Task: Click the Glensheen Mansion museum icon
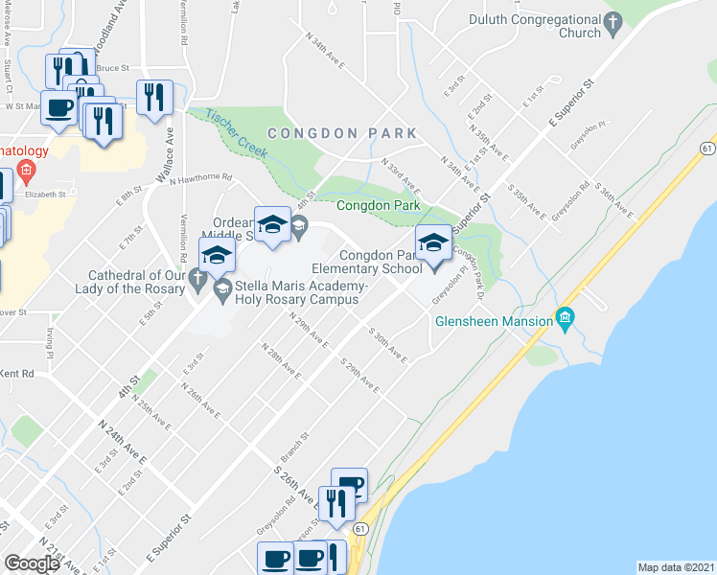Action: click(565, 318)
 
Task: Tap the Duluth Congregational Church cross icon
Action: click(611, 22)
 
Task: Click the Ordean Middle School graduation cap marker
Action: click(272, 224)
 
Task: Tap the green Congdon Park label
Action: click(379, 205)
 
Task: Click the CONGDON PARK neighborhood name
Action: click(342, 133)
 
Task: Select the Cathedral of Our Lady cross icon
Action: click(197, 280)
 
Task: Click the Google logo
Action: click(32, 563)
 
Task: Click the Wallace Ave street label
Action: click(164, 156)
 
